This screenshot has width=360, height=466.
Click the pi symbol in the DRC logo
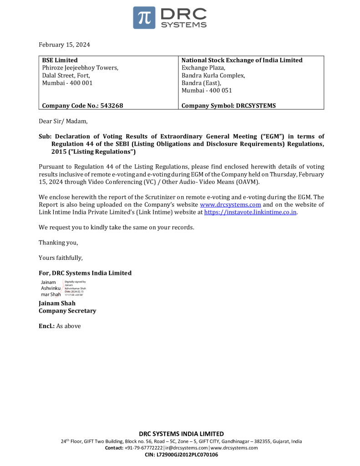144,18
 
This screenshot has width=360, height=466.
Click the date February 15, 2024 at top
64,45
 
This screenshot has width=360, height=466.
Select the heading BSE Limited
60,60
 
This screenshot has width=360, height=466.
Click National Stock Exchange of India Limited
242,60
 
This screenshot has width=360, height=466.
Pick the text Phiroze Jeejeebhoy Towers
80,68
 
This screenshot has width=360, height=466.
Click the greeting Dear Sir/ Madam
63,121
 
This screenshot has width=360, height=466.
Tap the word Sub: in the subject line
45,136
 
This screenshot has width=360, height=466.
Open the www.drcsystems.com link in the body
231,205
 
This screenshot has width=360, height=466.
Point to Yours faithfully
61,258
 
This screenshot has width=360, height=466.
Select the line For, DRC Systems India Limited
85,273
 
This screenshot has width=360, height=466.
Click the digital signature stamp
63,289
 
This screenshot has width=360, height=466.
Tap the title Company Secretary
67,311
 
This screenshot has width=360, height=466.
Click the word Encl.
46,326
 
